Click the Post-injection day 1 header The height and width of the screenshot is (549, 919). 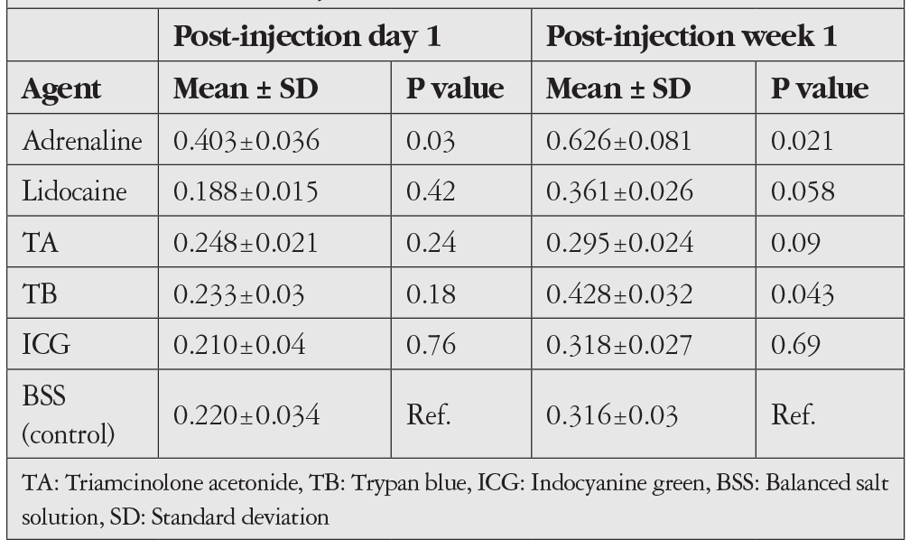click(307, 36)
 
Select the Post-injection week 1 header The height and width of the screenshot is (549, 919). click(691, 36)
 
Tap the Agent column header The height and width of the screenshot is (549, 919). click(61, 89)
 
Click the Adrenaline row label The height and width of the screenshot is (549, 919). click(82, 141)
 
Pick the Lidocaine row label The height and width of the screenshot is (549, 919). click(74, 191)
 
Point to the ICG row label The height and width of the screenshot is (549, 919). click(46, 344)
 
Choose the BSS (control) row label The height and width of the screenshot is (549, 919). click(68, 414)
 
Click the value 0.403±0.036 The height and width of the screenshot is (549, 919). click(246, 141)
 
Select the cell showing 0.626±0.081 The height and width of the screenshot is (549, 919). click(619, 141)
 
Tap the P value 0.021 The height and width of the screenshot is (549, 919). click(802, 141)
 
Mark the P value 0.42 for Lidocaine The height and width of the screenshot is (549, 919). click(431, 191)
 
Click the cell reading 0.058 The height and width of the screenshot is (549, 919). click(803, 191)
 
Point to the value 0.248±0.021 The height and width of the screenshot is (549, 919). click(246, 243)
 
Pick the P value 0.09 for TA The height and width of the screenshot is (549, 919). click(795, 243)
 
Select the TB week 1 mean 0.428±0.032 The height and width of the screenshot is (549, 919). click(619, 293)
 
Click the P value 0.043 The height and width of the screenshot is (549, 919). click(803, 293)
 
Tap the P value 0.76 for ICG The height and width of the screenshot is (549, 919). click(431, 344)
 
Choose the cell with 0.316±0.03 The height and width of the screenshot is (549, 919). click(612, 415)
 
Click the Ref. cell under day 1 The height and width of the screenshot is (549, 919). click(429, 415)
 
